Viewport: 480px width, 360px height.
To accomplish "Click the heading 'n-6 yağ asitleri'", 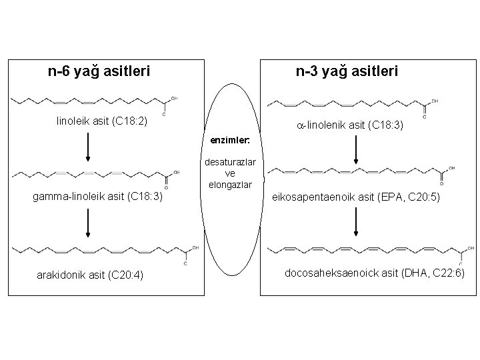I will tap(99, 70).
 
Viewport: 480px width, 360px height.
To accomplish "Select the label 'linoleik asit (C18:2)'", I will tap(102, 122).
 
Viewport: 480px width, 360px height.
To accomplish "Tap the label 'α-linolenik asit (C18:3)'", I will tap(350, 125).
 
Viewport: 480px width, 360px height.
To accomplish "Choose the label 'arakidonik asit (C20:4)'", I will tap(93, 276).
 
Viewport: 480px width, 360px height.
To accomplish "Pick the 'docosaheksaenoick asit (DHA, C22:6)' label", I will tap(375, 273).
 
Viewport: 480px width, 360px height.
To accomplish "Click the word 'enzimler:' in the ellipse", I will tap(230, 141).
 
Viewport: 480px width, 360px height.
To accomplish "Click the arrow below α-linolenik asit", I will tap(357, 150).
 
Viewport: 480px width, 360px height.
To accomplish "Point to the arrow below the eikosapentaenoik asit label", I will tap(357, 222).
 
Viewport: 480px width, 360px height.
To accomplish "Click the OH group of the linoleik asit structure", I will tap(174, 99).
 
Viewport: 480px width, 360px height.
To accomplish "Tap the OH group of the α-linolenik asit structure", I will tap(435, 101).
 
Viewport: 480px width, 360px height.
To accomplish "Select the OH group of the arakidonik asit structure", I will tap(195, 248).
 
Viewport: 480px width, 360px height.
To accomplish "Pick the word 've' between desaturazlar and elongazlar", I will tap(230, 173).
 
